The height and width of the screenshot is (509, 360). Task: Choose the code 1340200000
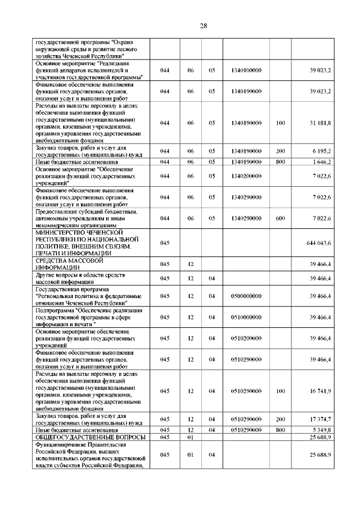247,176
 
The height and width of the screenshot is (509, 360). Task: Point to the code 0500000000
247,295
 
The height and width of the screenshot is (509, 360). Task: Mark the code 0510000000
247,317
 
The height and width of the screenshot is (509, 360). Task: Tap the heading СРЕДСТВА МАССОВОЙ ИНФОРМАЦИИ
70,264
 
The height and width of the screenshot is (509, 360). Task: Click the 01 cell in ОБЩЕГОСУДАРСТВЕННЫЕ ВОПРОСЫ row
190,437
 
